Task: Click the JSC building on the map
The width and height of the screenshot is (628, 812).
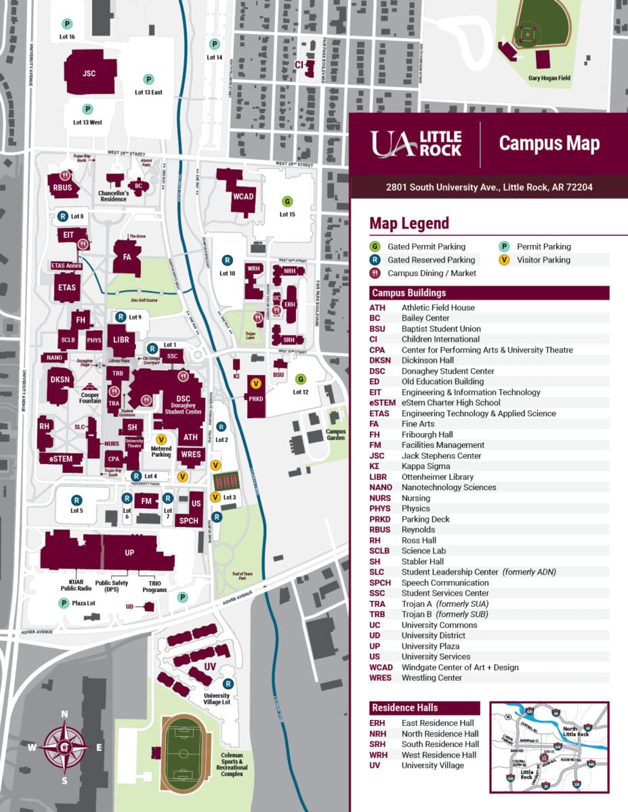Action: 89,72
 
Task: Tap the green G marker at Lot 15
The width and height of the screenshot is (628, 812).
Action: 287,202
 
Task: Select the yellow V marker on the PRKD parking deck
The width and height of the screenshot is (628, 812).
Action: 256,384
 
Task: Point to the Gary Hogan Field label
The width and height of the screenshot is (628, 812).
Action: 549,78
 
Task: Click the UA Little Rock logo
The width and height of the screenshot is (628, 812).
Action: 416,143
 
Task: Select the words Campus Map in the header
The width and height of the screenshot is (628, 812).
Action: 549,143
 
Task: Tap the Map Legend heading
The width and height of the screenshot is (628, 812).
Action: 409,223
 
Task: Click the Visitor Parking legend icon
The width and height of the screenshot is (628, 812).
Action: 504,260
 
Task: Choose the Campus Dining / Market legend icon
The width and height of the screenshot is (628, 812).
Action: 375,273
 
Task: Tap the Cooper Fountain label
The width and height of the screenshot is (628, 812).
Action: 90,399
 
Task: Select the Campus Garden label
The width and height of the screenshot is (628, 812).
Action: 335,434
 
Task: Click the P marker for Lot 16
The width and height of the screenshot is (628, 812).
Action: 66,24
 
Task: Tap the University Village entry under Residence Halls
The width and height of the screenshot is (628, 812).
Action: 432,765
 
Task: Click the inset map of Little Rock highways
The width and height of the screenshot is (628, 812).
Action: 549,746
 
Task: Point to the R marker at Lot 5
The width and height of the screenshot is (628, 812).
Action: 77,500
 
